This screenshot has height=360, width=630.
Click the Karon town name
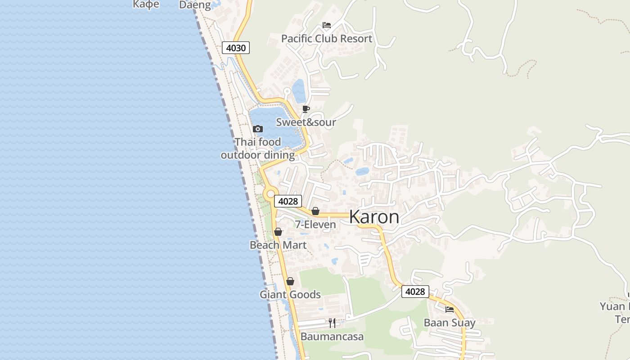374,217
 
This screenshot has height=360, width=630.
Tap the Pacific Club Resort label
327,39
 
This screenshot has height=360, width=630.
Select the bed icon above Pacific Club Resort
327,25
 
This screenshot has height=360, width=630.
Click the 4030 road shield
235,48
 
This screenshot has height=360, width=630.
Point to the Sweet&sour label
306,122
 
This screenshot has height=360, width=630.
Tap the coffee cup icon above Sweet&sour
306,109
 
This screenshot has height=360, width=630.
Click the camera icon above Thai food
258,129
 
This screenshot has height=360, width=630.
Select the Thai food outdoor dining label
258,148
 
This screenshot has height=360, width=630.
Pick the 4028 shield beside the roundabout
288,201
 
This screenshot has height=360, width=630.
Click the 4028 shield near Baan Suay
415,292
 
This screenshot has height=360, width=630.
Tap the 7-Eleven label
315,225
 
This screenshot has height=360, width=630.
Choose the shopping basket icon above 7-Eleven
315,211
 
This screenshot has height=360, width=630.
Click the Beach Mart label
278,245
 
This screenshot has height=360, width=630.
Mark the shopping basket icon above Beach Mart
278,232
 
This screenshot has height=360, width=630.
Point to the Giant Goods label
290,295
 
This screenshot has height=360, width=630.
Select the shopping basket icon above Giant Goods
290,281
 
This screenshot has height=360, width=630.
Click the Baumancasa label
332,337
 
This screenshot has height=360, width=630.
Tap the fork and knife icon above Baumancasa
332,323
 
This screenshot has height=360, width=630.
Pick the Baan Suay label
450,323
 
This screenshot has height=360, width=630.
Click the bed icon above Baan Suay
450,309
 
